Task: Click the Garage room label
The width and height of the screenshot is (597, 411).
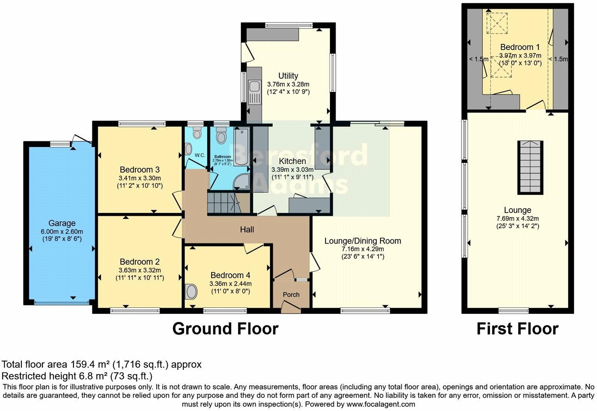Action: pyautogui.click(x=62, y=223)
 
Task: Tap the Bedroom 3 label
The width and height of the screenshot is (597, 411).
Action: pyautogui.click(x=139, y=170)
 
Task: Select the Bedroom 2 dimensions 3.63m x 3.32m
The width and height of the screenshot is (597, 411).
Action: pyautogui.click(x=140, y=270)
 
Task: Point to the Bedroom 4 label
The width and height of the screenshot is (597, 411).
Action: pyautogui.click(x=230, y=275)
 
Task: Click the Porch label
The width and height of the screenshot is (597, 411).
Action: pyautogui.click(x=291, y=295)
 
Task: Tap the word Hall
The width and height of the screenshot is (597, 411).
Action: pyautogui.click(x=247, y=229)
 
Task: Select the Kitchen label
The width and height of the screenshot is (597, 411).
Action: pyautogui.click(x=292, y=161)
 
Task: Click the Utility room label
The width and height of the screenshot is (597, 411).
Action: pyautogui.click(x=288, y=76)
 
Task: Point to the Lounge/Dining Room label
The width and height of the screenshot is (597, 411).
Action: pyautogui.click(x=363, y=241)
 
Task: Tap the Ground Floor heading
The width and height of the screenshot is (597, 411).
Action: pyautogui.click(x=225, y=329)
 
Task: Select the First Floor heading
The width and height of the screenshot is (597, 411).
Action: pyautogui.click(x=517, y=329)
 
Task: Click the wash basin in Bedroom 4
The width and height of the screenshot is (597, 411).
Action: pyautogui.click(x=191, y=292)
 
